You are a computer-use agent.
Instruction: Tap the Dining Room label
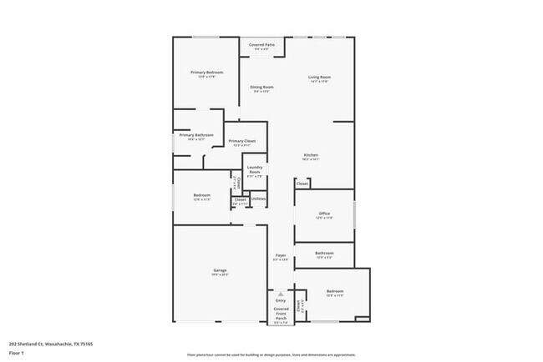coord(262,87)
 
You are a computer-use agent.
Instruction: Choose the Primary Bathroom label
coord(196,135)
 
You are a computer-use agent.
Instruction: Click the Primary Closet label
coord(241,142)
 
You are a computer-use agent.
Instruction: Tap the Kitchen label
coord(311,155)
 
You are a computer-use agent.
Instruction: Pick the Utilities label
coord(258,199)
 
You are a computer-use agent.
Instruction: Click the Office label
coord(324,214)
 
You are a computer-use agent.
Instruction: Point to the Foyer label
coord(281,255)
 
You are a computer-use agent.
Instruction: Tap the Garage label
coord(221,270)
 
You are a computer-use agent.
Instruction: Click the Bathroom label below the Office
coord(324,253)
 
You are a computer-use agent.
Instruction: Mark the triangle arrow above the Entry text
coord(281,294)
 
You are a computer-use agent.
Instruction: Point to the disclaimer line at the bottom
coord(271,354)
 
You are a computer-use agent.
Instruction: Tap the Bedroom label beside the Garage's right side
coord(334,291)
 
